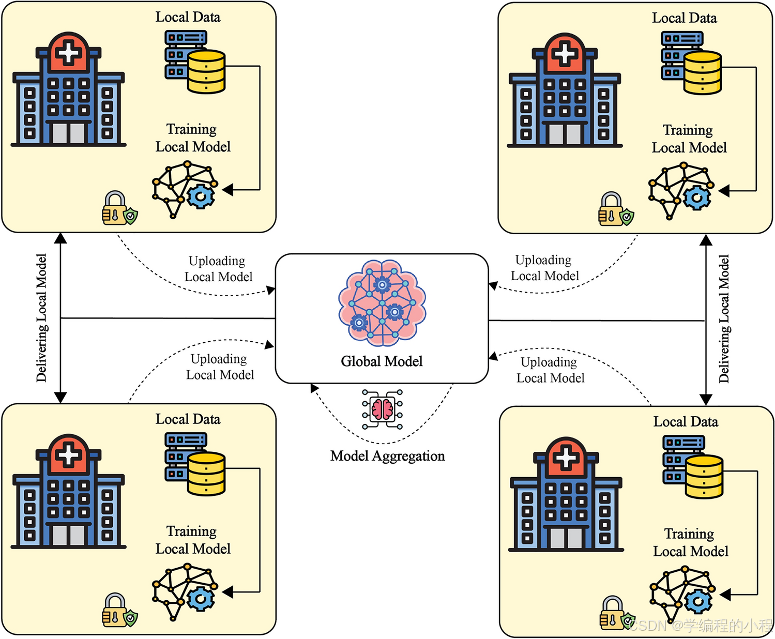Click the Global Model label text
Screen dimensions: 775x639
click(382, 361)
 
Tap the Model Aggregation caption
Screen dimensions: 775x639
click(388, 456)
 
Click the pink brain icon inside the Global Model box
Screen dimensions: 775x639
click(382, 303)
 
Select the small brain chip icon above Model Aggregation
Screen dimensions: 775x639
click(382, 409)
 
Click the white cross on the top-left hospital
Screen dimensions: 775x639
click(69, 53)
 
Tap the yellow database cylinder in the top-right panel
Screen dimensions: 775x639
click(702, 73)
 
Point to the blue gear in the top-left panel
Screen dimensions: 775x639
click(201, 196)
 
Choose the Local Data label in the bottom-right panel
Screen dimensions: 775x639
click(686, 421)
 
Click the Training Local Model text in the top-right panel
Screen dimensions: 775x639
click(689, 139)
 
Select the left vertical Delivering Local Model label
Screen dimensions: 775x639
click(41, 317)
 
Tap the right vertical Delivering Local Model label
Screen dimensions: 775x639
click(724, 318)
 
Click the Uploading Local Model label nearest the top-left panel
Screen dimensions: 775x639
click(218, 269)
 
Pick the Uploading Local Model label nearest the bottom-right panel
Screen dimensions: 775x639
click(550, 370)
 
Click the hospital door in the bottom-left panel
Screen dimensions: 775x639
click(68, 535)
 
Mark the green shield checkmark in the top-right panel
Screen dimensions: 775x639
click(627, 217)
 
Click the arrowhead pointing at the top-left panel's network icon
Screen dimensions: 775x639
click(227, 190)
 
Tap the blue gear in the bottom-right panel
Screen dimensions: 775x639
click(698, 601)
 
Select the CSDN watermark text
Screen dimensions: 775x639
click(701, 626)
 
